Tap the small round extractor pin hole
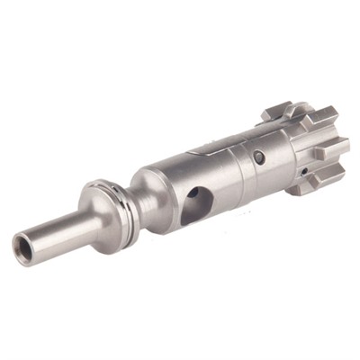[261, 157]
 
